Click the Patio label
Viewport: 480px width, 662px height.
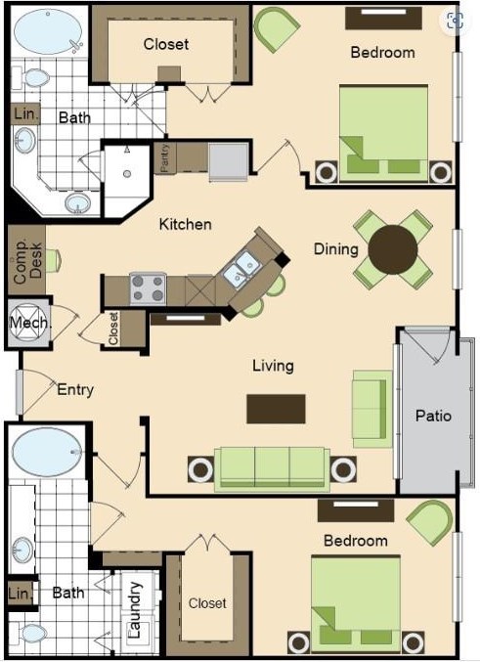coord(433,416)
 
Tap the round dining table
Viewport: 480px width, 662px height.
coord(393,249)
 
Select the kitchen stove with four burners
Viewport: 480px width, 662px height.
coord(148,288)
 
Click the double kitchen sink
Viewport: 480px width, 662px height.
coord(240,269)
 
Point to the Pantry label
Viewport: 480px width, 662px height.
coord(165,157)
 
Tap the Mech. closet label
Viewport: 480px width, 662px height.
coord(28,323)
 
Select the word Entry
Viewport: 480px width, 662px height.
coord(75,390)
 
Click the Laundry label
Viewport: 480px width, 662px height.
coord(134,610)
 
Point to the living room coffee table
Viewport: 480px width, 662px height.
coord(276,409)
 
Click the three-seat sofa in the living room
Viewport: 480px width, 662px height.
coord(273,469)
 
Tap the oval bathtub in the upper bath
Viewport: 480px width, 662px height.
coord(48,30)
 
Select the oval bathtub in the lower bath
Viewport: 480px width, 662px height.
coord(47,453)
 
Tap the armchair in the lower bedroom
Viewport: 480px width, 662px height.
coord(430,523)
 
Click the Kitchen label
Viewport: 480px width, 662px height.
coord(186,224)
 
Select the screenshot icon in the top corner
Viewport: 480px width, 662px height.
coord(456,21)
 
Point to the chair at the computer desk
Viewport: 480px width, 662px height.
coord(54,260)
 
